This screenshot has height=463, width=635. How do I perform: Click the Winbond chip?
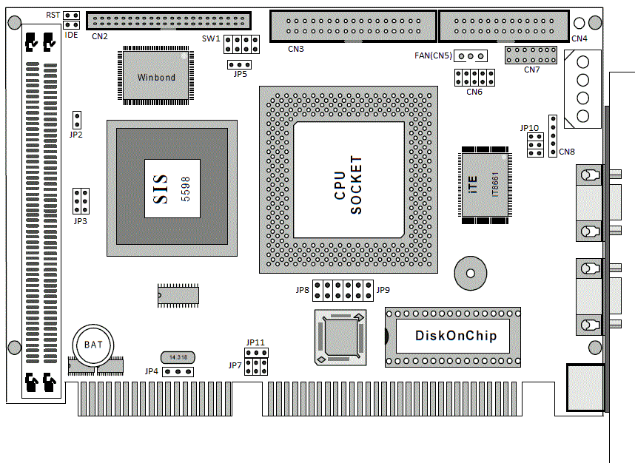[x=156, y=76]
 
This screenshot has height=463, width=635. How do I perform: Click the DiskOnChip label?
[x=455, y=336]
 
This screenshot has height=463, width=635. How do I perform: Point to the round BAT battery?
[x=93, y=345]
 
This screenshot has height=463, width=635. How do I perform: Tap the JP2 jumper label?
[x=75, y=135]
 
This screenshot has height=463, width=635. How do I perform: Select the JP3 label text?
[x=80, y=221]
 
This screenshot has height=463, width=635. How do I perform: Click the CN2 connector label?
[x=100, y=36]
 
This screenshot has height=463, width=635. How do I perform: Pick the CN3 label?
[x=297, y=50]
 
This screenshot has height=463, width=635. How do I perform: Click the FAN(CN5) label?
[x=432, y=55]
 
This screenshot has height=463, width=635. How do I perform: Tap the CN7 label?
[x=531, y=70]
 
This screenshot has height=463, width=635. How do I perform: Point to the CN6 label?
[x=474, y=92]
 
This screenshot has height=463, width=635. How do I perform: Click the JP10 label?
[x=529, y=128]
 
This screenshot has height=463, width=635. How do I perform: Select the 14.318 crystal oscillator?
[x=178, y=357]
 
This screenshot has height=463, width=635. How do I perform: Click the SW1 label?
[x=211, y=38]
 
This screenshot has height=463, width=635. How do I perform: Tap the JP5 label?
[x=240, y=74]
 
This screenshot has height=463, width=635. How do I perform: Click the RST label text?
[x=53, y=15]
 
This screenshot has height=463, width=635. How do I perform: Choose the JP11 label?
[x=255, y=342]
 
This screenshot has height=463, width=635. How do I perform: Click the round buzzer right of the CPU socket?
[x=469, y=274]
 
